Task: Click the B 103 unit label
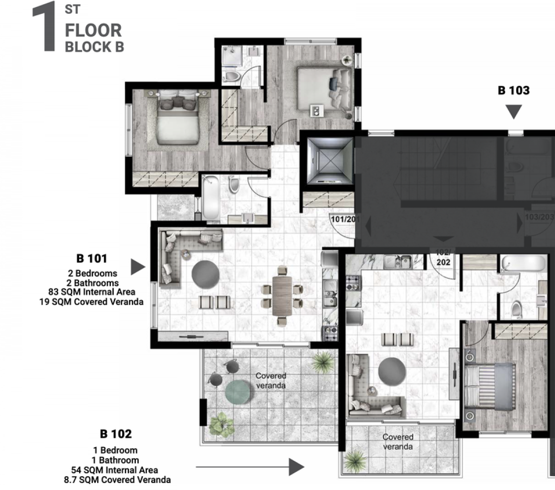coord(514,91)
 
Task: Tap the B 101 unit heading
coord(92,258)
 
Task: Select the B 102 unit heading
coord(116,434)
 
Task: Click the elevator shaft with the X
coord(330,160)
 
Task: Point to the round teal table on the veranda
coord(238,392)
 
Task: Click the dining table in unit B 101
coord(282,296)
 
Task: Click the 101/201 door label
coord(345,220)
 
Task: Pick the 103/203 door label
coord(539,217)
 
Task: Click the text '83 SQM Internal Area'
coord(92,292)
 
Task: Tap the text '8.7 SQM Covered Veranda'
coord(117,480)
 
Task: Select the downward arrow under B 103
coord(514,112)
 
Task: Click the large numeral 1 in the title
coord(44,27)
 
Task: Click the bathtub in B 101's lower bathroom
coord(211,198)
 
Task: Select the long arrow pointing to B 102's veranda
coord(250,467)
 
